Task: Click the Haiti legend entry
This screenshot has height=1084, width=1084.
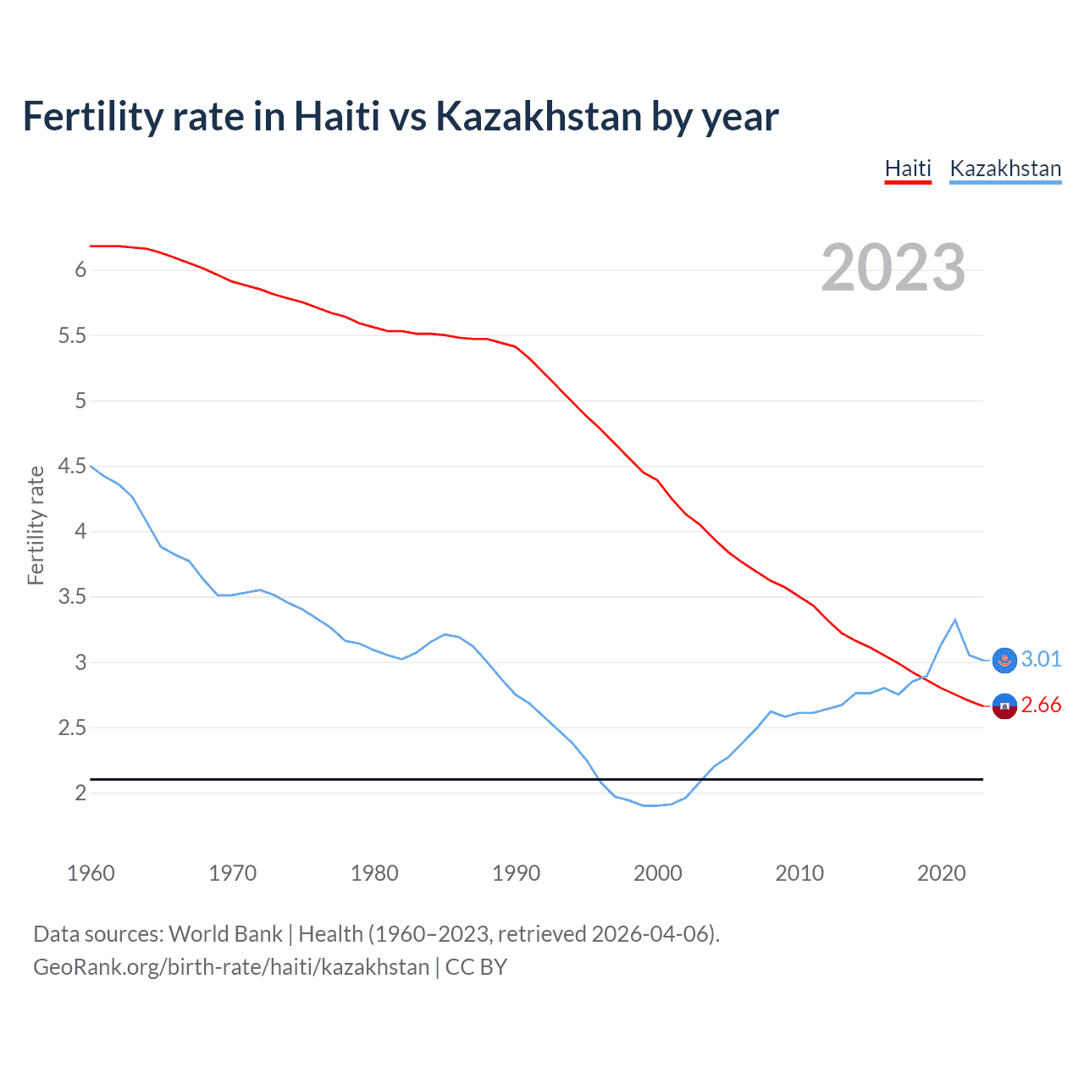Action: point(908,169)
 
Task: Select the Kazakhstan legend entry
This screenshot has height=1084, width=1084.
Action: point(1005,169)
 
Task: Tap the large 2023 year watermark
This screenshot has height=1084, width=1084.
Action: point(893,268)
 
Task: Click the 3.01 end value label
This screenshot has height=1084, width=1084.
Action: point(1041,659)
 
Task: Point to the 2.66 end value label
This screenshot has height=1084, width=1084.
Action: point(1041,705)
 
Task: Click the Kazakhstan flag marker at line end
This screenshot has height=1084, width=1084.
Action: point(1004,660)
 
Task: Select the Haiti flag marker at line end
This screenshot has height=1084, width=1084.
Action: point(1004,705)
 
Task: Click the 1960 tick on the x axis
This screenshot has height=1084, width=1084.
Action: point(91,873)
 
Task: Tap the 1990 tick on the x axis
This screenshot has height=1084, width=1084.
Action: point(516,873)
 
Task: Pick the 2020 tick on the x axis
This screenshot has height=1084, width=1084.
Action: point(941,873)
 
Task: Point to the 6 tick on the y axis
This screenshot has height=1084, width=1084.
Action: point(80,270)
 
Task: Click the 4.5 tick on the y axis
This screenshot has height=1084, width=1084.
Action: point(73,466)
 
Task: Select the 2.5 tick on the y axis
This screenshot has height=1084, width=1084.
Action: point(73,727)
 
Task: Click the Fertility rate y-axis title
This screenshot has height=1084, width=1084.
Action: point(36,525)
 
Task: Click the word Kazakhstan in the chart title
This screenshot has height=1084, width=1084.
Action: point(539,116)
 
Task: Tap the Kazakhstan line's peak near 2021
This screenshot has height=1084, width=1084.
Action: point(955,620)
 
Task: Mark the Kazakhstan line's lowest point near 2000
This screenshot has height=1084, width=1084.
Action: point(650,805)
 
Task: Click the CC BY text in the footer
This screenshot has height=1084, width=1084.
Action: point(476,967)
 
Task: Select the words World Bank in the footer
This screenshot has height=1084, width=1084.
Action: point(225,934)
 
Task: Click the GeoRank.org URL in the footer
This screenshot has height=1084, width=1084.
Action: point(231,967)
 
